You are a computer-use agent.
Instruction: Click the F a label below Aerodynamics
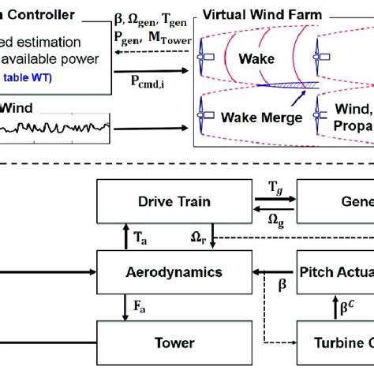(x=139, y=304)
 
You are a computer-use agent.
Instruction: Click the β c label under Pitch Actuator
(x=345, y=303)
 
